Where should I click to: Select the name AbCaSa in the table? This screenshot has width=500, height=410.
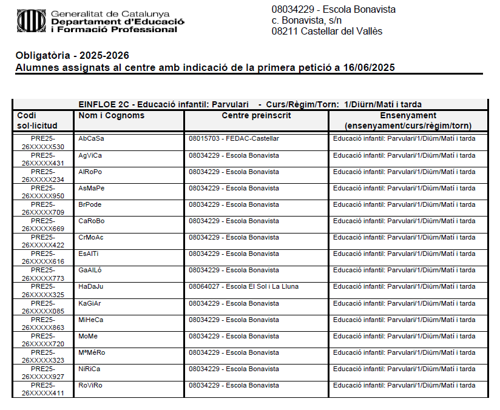click(x=91, y=139)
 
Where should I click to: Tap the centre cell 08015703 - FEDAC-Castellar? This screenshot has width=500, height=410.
click(x=234, y=139)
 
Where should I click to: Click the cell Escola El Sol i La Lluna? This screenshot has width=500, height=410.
click(x=243, y=286)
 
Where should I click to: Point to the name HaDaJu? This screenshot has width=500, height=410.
click(x=91, y=286)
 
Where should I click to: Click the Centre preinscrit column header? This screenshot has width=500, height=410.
click(x=256, y=116)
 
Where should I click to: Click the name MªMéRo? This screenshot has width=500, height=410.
click(x=92, y=352)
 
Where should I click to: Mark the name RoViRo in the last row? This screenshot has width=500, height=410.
click(x=90, y=385)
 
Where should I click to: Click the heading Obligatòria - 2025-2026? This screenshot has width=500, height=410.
click(x=72, y=56)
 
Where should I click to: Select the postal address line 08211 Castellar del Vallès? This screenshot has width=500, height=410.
click(x=327, y=32)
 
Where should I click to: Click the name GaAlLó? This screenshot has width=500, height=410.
click(x=91, y=270)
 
